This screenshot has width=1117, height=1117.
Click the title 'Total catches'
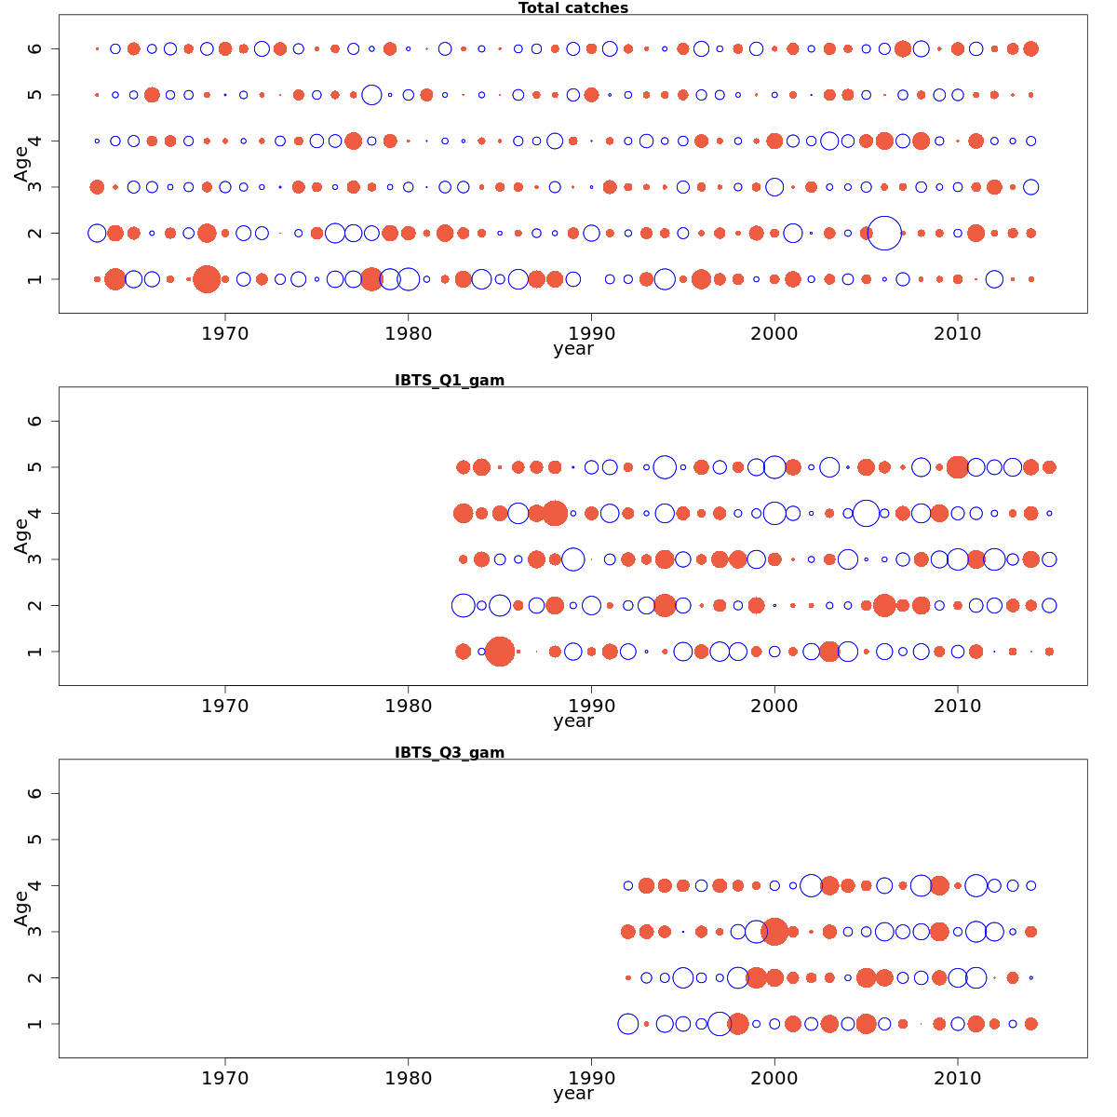coord(573,8)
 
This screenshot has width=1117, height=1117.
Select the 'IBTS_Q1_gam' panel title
coord(450,380)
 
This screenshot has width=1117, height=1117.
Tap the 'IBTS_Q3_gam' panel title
coord(450,752)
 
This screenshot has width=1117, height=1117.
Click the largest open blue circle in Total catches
coord(884,233)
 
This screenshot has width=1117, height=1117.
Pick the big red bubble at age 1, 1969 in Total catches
coord(207,279)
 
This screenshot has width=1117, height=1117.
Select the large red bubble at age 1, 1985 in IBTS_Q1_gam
coord(500,652)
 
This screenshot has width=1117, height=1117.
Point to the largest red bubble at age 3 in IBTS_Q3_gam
coord(774,931)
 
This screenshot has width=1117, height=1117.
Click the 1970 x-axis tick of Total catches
coord(225,333)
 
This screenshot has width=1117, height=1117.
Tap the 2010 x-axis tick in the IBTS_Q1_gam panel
coord(958,706)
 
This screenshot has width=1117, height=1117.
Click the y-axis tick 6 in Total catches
coord(35,48)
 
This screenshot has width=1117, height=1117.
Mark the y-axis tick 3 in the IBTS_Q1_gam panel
coord(35,559)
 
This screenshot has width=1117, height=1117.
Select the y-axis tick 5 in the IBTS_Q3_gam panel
coord(35,840)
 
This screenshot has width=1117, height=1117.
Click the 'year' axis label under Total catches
coord(573,349)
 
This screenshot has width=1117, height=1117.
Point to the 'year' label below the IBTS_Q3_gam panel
coord(573,1094)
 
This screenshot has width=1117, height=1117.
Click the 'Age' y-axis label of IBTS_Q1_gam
coord(21,536)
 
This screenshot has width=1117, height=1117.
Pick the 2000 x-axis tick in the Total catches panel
coord(774,333)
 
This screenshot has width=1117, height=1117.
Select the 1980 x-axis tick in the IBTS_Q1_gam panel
coord(408,706)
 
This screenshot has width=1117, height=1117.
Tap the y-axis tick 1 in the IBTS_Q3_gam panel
coord(35,1024)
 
